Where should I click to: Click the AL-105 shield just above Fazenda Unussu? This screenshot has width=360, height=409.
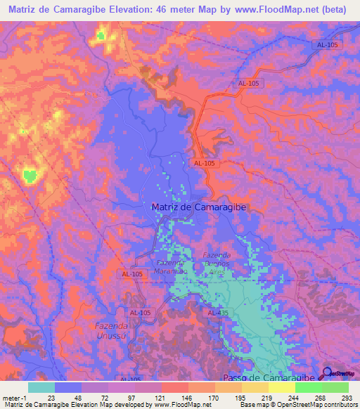(x=139, y=311)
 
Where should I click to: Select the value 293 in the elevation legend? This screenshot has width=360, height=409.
(x=346, y=397)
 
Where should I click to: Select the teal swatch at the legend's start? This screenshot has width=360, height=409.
(x=41, y=387)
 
